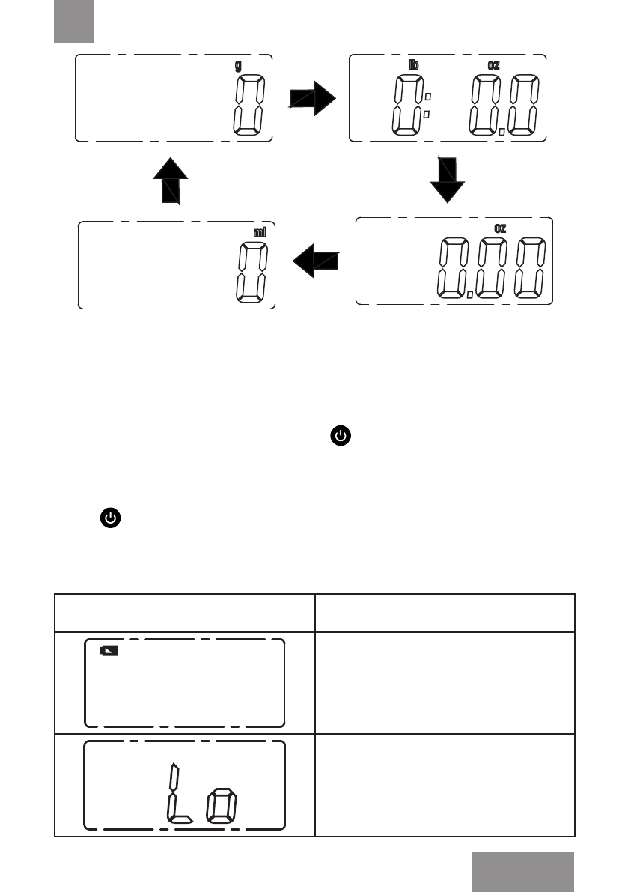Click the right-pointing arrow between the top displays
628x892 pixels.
click(x=313, y=97)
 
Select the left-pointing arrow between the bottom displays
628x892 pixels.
click(x=315, y=261)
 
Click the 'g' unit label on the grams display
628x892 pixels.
click(x=238, y=66)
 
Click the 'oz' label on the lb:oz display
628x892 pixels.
click(x=494, y=65)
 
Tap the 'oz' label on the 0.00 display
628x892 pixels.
click(x=500, y=228)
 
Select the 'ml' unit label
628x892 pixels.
click(x=260, y=232)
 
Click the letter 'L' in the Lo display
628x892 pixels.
click(x=177, y=794)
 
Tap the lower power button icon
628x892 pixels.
click(x=109, y=518)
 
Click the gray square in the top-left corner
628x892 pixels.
click(x=73, y=21)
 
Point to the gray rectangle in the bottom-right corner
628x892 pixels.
click(x=523, y=871)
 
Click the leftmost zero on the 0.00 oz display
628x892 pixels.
click(x=453, y=268)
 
